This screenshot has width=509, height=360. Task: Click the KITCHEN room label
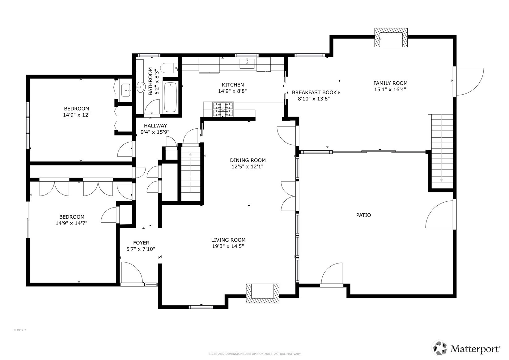pyautogui.click(x=233, y=85)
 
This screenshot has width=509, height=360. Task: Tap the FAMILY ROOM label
pyautogui.click(x=390, y=83)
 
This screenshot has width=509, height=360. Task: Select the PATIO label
pyautogui.click(x=363, y=215)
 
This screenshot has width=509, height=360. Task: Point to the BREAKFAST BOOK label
pyautogui.click(x=314, y=92)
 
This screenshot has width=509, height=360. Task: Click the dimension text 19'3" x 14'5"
pyautogui.click(x=228, y=246)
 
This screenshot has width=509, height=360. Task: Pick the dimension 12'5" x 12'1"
pyautogui.click(x=247, y=167)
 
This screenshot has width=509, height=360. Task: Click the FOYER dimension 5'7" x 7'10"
pyautogui.click(x=141, y=249)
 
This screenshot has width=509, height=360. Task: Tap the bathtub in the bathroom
pyautogui.click(x=170, y=97)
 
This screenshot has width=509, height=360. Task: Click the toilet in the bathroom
pyautogui.click(x=169, y=68)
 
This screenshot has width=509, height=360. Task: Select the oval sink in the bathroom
pyautogui.click(x=141, y=87)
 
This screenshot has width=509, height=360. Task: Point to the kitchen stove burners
pyautogui.click(x=223, y=109)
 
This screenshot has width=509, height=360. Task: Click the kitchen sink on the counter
pyautogui.click(x=247, y=63)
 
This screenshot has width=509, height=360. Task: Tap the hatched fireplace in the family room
pyautogui.click(x=391, y=37)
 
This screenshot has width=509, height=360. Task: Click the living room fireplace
pyautogui.click(x=262, y=293)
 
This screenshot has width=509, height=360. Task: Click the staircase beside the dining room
pyautogui.click(x=191, y=173)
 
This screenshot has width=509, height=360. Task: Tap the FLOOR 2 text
pyautogui.click(x=20, y=330)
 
